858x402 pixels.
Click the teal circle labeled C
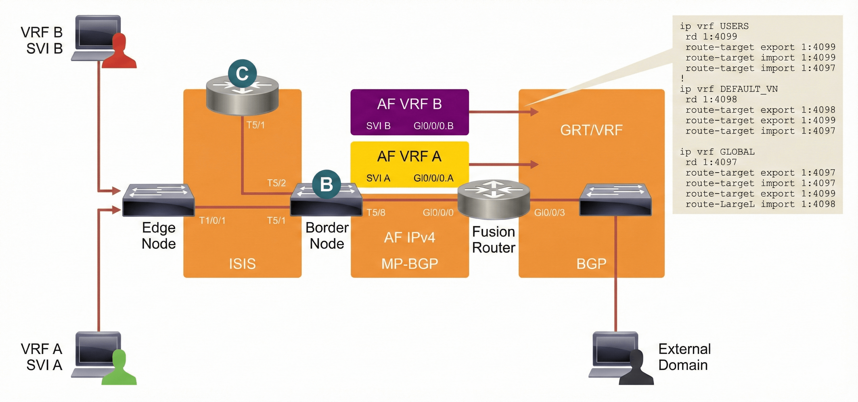click(x=242, y=73)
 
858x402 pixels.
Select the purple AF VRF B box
click(x=409, y=112)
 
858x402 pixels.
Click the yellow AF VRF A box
click(x=409, y=164)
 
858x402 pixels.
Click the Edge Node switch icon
click(x=158, y=200)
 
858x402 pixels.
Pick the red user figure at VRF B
click(x=119, y=52)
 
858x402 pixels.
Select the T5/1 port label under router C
click(x=256, y=125)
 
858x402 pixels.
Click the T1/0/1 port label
click(x=212, y=220)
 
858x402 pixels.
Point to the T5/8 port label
click(x=376, y=212)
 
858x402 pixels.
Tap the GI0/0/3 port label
click(x=549, y=212)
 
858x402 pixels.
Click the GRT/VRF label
click(x=591, y=130)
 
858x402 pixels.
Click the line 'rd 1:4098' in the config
click(x=711, y=99)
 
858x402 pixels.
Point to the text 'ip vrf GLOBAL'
click(x=717, y=152)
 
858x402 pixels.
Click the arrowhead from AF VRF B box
click(x=534, y=112)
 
